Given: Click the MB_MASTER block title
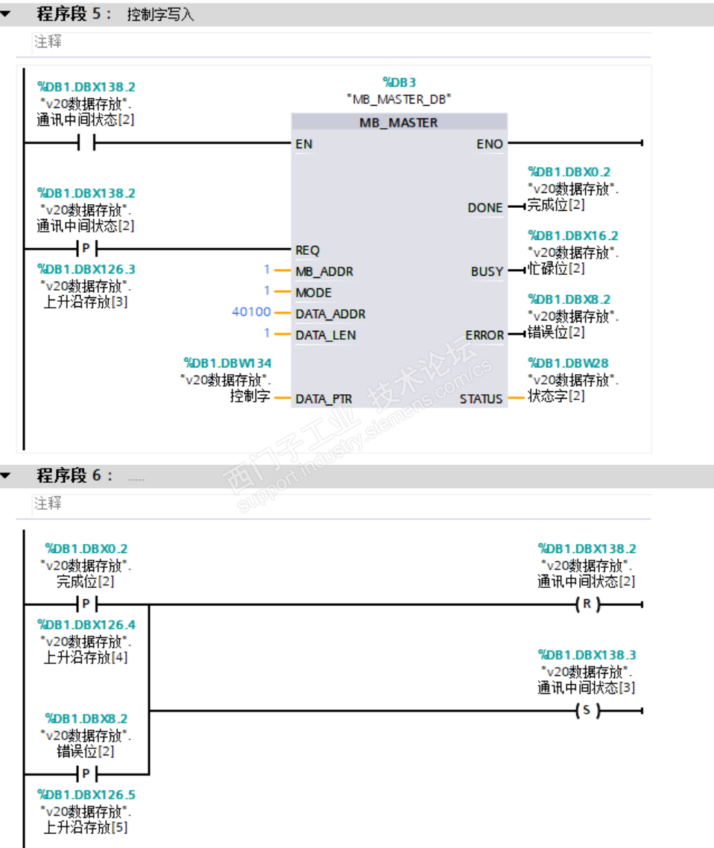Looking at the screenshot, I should [399, 122].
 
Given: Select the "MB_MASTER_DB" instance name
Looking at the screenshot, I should [399, 98].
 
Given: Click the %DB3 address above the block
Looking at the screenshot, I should [399, 82].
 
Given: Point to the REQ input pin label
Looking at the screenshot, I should [307, 250].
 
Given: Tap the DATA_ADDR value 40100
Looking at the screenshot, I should [251, 312].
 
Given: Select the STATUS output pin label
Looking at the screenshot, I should [481, 399].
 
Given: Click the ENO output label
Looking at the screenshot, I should [490, 144].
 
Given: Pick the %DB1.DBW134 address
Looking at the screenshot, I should [227, 363].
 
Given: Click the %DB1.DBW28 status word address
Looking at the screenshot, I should [568, 363].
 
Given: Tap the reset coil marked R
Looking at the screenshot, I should [587, 604].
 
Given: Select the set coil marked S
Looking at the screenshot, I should [587, 710].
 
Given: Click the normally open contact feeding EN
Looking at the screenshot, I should [87, 143].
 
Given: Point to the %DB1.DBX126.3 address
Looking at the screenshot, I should [86, 269].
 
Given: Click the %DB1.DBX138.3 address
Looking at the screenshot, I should [587, 654].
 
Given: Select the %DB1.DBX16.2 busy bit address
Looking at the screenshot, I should [573, 235].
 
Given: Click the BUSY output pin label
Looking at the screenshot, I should [487, 271].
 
